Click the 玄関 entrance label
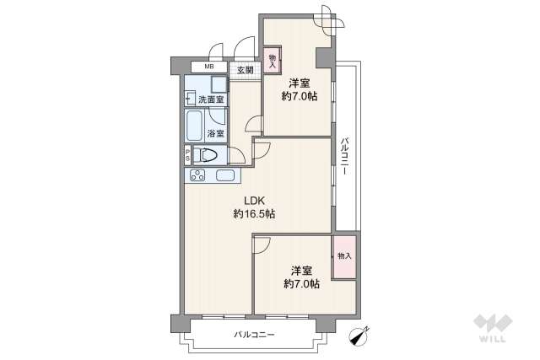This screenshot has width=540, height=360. coord(245,70)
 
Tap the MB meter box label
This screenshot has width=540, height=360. coord(208,66)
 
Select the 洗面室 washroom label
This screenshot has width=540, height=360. coord(211,99)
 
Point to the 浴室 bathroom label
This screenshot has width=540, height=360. coord(215,133)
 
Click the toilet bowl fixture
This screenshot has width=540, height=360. coord(207,155)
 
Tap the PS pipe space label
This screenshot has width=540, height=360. coord(188,156)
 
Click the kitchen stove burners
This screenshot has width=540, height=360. coord(198,176)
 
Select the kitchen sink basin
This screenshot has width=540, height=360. coord(225,176)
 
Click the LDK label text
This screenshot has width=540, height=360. coord(254,201)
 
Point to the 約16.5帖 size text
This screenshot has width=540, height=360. coord(254,214)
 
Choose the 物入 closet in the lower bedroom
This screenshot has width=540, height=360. coord(343,255)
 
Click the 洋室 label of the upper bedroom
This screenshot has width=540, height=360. coord(299,83)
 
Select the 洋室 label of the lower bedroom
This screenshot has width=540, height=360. coord(302,271)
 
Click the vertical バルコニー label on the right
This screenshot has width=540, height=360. coord(345,156)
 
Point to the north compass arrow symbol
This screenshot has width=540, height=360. coord(362,336)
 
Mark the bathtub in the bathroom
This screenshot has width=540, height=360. coord(194,127)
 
